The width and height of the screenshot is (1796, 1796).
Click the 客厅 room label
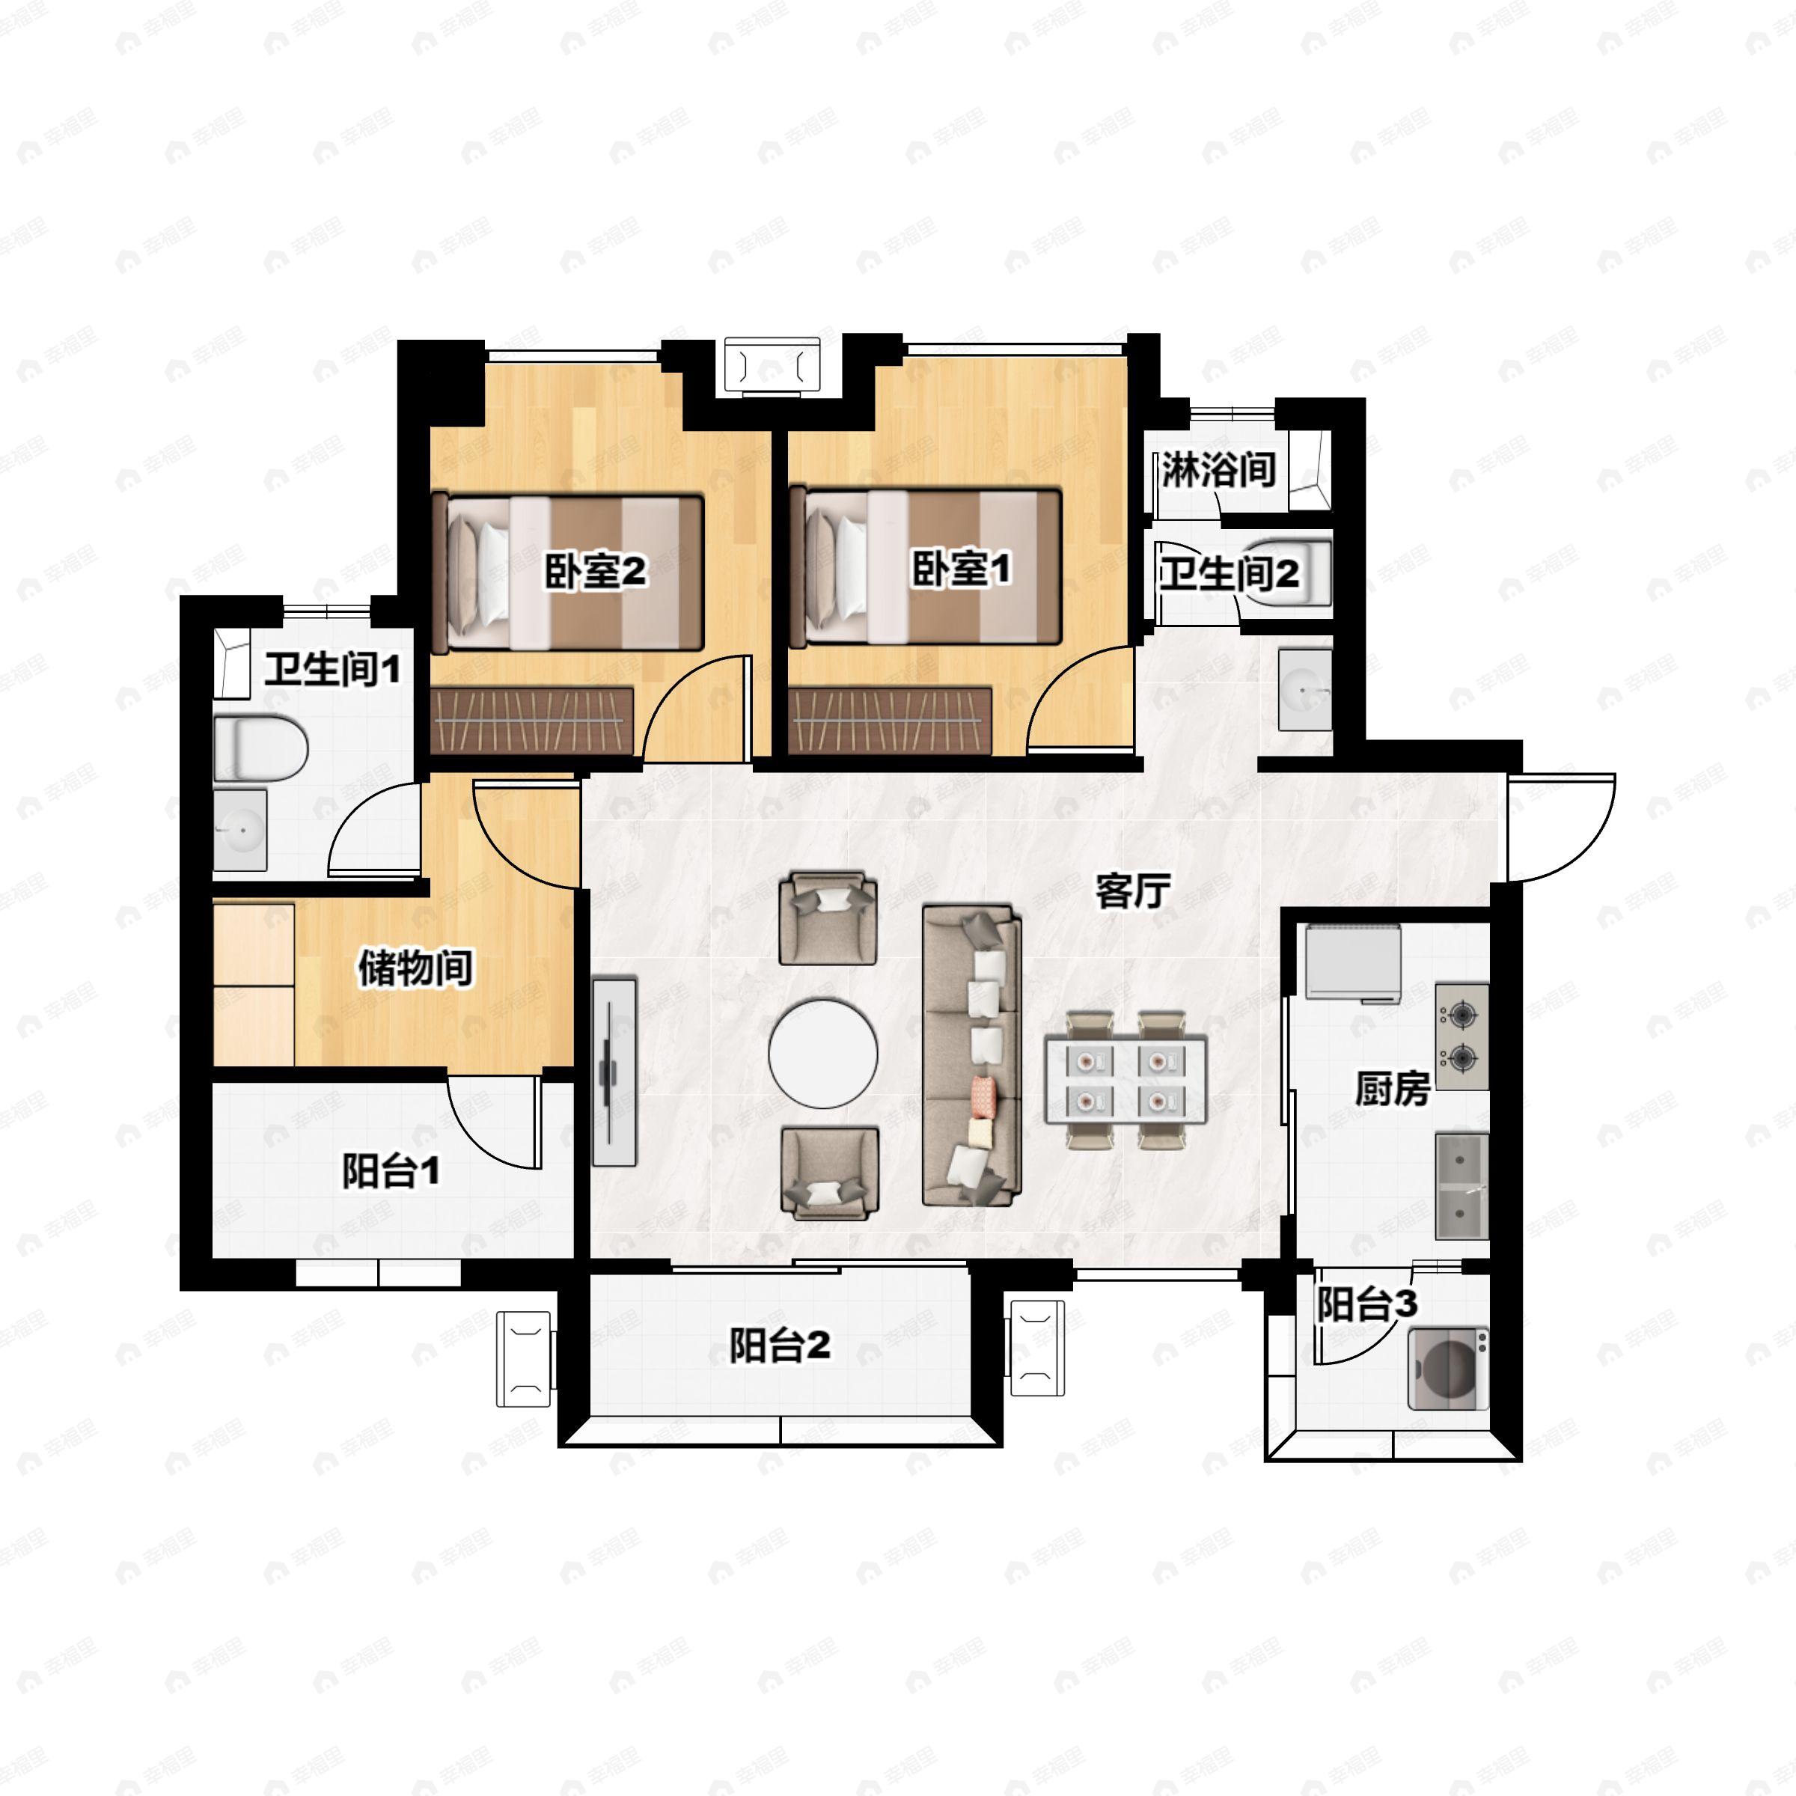coord(1131,891)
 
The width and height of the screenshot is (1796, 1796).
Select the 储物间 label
coord(415,968)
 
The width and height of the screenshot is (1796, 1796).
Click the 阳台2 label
coord(779,1346)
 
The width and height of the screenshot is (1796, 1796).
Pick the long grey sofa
coord(971,1055)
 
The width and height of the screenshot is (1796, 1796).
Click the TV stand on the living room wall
coord(614,1070)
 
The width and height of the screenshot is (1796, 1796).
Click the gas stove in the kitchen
coord(1461,1036)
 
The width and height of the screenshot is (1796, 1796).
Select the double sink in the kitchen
coord(1461,1185)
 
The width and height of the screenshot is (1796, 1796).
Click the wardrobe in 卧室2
coord(532,721)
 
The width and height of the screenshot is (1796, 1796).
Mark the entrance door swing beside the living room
coord(1560,828)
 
